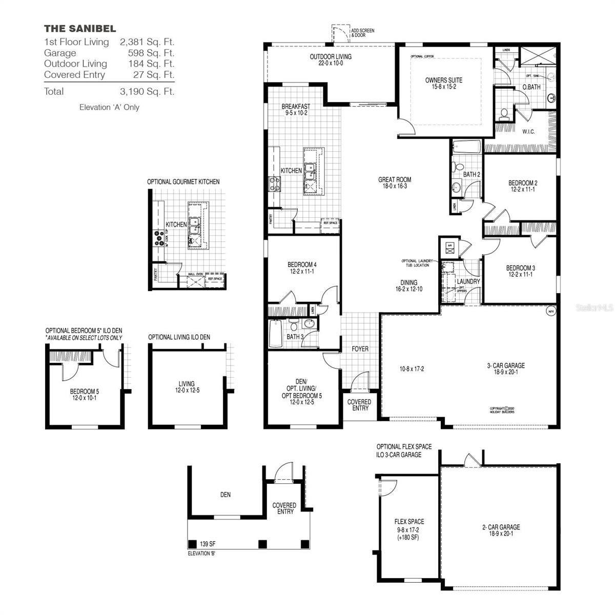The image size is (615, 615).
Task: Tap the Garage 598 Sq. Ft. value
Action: point(151,53)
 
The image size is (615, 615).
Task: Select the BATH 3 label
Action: point(294,337)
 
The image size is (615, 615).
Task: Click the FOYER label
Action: point(360,349)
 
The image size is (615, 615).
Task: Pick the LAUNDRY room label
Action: point(468,281)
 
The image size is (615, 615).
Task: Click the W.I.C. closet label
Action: point(528,132)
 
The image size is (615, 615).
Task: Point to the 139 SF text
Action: point(208,544)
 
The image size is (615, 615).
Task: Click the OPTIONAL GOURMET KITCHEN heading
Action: point(183,182)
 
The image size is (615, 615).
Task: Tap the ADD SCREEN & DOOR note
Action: point(362,33)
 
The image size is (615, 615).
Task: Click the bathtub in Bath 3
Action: point(275,333)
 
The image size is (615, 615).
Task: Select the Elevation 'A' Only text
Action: point(109,108)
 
